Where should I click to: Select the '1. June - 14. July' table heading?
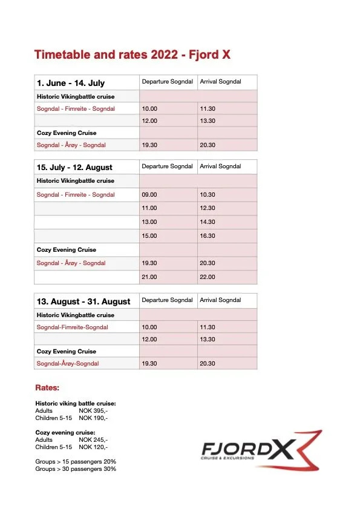71,83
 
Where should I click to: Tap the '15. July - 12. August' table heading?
74,167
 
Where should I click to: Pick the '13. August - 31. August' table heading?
83,301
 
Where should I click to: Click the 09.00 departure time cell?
149,195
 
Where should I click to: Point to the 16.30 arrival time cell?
208,236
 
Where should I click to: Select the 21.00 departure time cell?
149,277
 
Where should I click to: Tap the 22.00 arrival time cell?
208,277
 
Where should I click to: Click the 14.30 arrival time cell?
208,222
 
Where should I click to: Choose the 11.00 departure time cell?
149,208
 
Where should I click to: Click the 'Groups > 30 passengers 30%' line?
76,468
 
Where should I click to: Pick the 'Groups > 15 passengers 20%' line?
76,461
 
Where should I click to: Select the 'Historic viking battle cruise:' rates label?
76,404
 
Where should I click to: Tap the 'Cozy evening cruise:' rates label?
65,433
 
